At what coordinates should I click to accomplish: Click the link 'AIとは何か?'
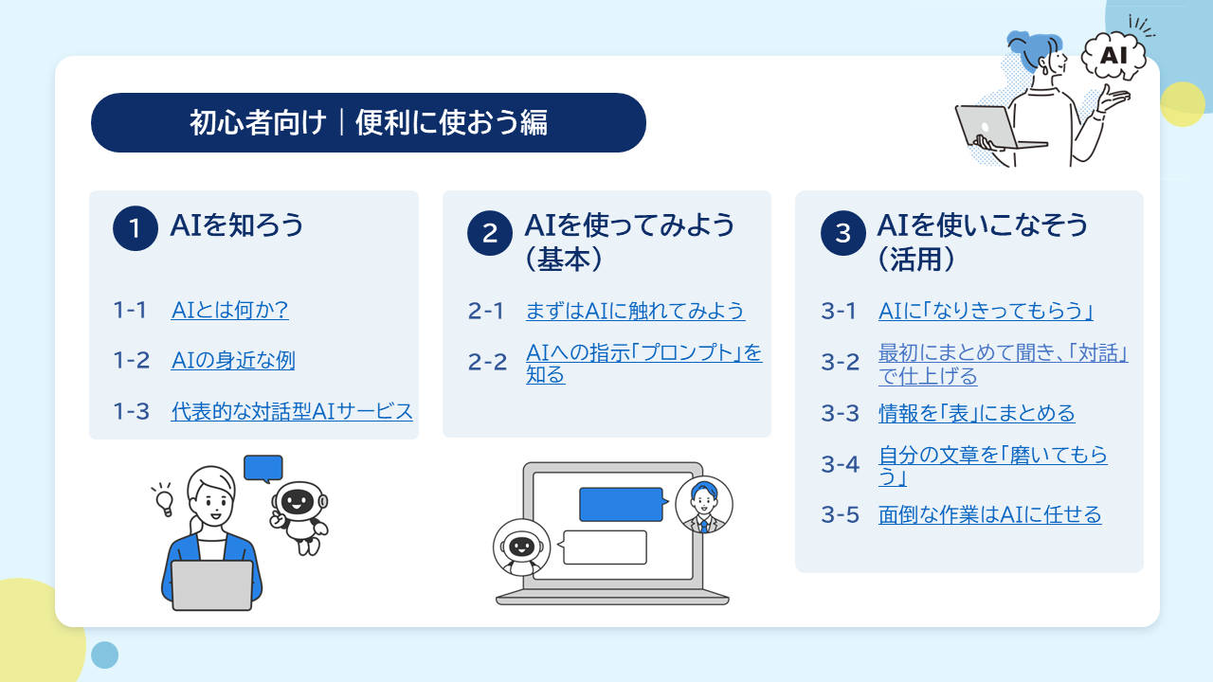pyautogui.click(x=229, y=310)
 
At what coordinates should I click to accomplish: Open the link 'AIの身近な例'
pyautogui.click(x=233, y=361)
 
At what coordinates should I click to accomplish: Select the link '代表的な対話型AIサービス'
pyautogui.click(x=292, y=411)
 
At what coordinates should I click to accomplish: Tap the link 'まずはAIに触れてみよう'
pyautogui.click(x=635, y=311)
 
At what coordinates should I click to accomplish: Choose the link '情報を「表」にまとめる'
pyautogui.click(x=976, y=413)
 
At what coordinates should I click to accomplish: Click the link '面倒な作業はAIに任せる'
pyautogui.click(x=990, y=514)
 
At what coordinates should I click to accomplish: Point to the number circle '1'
pyautogui.click(x=136, y=228)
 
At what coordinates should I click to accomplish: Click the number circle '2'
pyautogui.click(x=490, y=233)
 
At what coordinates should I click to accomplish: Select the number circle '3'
pyautogui.click(x=843, y=233)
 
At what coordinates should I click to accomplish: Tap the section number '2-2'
pyautogui.click(x=487, y=362)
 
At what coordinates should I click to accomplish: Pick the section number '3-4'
pyautogui.click(x=840, y=464)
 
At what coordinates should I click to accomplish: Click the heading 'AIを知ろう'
pyautogui.click(x=237, y=225)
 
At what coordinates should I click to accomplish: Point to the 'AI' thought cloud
pyautogui.click(x=1113, y=56)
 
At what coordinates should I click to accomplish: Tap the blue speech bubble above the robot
pyautogui.click(x=263, y=469)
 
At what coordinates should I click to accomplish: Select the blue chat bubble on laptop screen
pyautogui.click(x=624, y=505)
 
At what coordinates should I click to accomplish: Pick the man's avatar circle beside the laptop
pyautogui.click(x=704, y=505)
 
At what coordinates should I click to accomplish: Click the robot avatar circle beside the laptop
pyautogui.click(x=521, y=547)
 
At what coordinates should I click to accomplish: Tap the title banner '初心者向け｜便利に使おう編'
pyautogui.click(x=369, y=123)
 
